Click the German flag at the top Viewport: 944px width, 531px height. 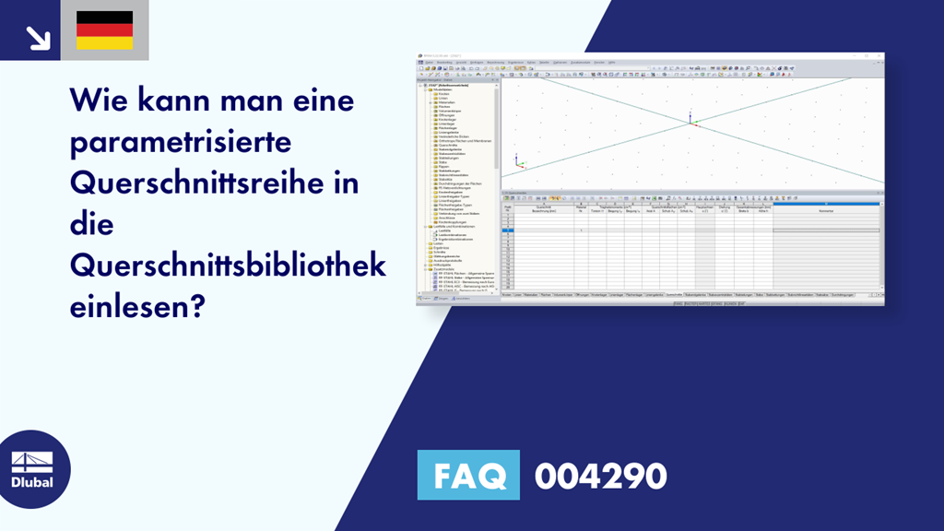pyautogui.click(x=104, y=29)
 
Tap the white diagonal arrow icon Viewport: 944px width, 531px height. pyautogui.click(x=37, y=37)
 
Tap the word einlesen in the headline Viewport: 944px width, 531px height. pyautogui.click(x=129, y=307)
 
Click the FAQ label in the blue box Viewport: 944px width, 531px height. pyautogui.click(x=469, y=476)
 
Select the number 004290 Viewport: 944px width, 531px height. pyautogui.click(x=600, y=476)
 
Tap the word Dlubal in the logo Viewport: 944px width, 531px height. pyautogui.click(x=31, y=483)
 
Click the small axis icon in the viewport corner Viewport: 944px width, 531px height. pyautogui.click(x=519, y=163)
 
